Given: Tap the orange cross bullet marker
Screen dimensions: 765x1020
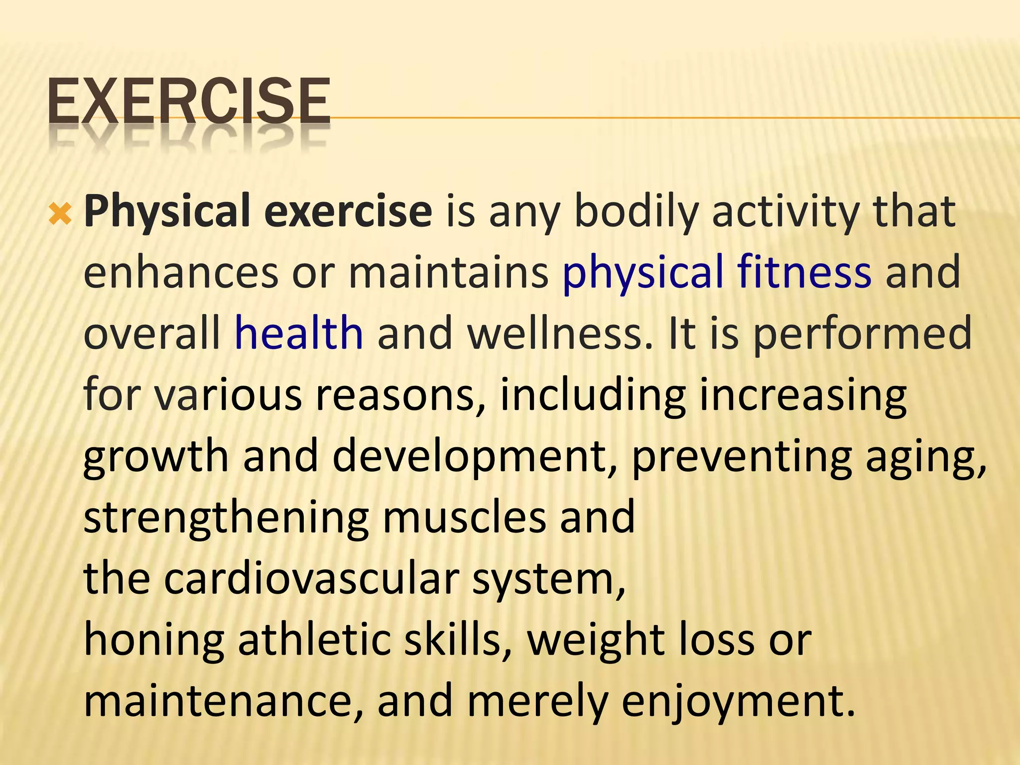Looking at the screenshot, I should click(60, 215).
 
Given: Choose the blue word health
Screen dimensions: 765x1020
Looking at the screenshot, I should click(299, 333).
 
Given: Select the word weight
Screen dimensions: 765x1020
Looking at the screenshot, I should click(595, 641).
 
